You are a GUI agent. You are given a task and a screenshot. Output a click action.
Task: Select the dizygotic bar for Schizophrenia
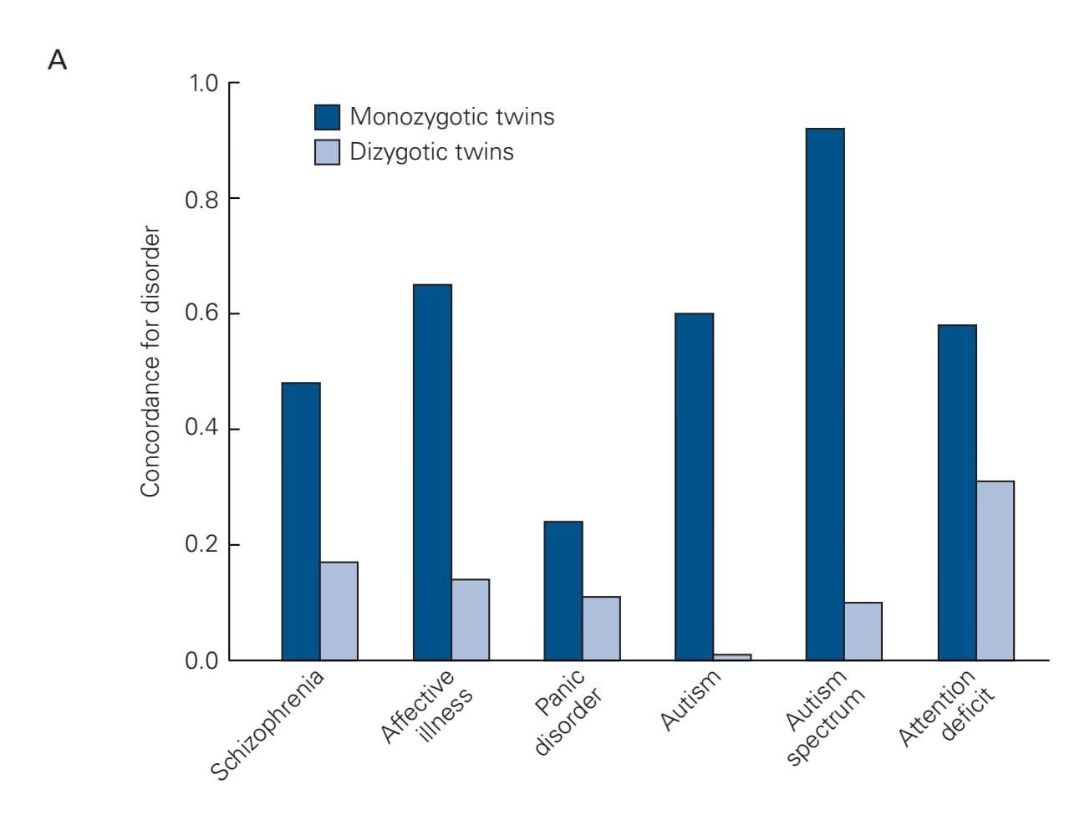(339, 611)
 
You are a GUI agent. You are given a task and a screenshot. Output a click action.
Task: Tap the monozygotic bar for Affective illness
(432, 472)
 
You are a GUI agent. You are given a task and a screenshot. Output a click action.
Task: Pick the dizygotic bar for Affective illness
(470, 619)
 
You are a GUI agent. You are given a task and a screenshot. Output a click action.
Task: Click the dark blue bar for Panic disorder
(563, 590)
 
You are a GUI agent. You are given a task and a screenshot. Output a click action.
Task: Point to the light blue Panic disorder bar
(601, 628)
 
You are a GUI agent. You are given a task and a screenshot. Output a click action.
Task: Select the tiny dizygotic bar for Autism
(732, 657)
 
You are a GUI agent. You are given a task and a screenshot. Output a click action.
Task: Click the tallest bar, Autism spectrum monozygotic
(825, 394)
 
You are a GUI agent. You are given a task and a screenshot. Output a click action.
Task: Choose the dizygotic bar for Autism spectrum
(863, 631)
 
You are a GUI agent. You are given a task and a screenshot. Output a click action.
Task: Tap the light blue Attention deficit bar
(995, 570)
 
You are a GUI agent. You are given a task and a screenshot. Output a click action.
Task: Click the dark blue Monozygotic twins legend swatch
(327, 117)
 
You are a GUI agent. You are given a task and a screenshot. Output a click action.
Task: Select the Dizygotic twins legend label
(431, 152)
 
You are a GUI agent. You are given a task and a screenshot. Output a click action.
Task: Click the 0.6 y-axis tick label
(201, 314)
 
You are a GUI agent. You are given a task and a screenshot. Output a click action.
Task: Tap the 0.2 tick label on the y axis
(201, 545)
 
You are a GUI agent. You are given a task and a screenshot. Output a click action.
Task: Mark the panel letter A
(57, 61)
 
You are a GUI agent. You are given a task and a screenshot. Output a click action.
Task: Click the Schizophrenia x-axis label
(267, 725)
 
